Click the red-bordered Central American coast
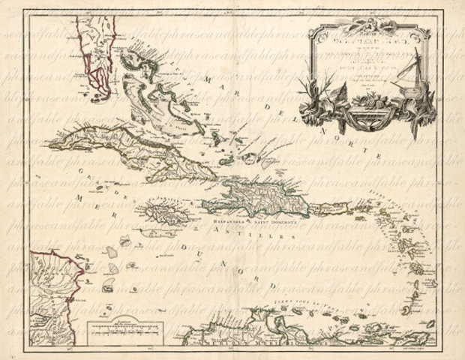click(x=52, y=292)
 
